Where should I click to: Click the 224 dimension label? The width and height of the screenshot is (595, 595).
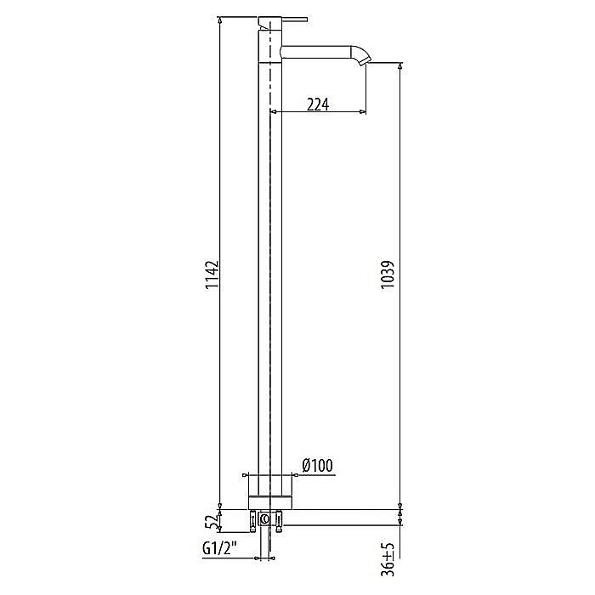[x=317, y=104]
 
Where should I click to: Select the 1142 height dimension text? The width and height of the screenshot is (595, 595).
[x=212, y=276]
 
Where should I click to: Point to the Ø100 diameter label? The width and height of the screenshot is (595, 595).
[x=316, y=465]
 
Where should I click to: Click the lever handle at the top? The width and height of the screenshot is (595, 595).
[x=293, y=18]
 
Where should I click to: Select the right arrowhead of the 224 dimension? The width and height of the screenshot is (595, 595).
[x=365, y=112]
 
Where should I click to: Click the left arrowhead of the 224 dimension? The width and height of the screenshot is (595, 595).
[x=273, y=112]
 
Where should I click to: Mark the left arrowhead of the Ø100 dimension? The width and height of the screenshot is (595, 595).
[x=246, y=475]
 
